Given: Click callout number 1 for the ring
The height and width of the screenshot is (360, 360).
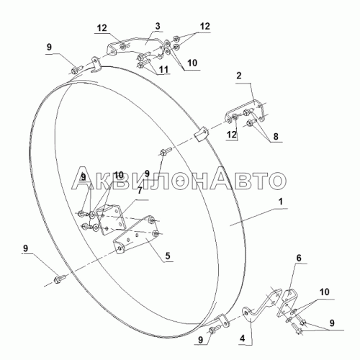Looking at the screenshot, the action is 281,202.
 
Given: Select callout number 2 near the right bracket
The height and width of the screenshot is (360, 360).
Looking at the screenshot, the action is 239,76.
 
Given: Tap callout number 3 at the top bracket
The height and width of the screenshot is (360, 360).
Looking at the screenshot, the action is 158,27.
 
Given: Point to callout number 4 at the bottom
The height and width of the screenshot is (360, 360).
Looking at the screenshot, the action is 243,338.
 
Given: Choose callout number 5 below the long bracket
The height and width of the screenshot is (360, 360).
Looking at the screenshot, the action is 168,256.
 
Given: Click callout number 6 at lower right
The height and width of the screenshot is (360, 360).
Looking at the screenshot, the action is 299,258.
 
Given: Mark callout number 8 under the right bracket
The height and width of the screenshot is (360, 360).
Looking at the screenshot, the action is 276,136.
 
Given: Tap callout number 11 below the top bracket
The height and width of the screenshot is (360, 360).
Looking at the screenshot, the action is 163,69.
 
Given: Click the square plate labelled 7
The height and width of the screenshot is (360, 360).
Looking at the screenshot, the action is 111,220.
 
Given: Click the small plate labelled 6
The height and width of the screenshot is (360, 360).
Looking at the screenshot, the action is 287,305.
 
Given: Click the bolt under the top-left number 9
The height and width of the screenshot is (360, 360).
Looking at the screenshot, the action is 76,70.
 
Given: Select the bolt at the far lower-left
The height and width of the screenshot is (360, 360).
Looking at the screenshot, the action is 59,279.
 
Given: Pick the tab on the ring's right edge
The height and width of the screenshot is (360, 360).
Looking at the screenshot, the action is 200,135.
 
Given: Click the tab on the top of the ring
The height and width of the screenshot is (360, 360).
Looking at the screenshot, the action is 96,64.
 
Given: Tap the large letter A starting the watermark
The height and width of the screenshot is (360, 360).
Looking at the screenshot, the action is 83,177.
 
